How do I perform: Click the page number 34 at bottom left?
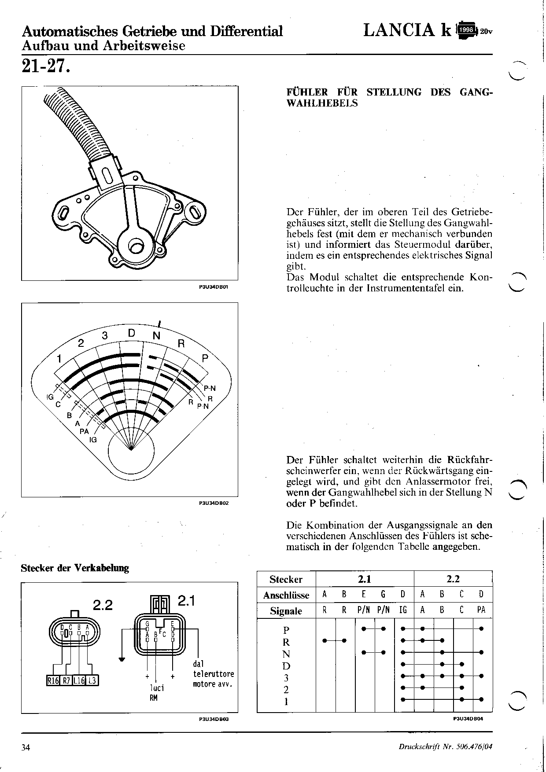26,747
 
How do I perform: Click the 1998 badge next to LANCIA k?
466,30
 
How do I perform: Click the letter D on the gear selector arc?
131,333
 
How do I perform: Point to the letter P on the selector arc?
205,359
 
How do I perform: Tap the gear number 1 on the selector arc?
59,359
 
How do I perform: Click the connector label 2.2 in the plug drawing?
103,605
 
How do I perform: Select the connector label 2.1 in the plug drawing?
186,601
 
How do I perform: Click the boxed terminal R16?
53,680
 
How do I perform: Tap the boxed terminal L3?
92,680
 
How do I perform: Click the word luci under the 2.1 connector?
157,688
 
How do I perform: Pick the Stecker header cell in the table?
286,579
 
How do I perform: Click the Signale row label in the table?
286,611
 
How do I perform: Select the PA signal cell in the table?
481,610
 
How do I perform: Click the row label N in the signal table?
286,654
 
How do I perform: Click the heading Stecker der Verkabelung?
75,568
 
